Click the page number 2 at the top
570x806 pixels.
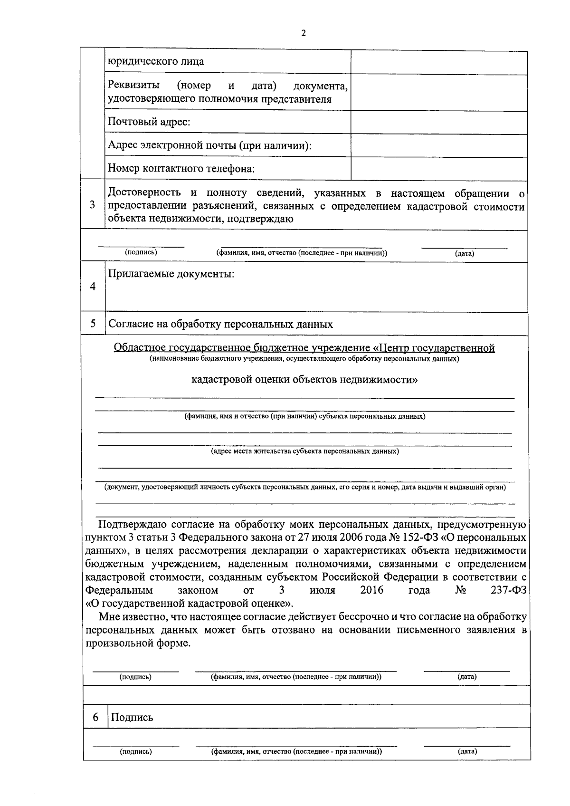tap(304, 33)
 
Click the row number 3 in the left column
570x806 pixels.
tap(93, 205)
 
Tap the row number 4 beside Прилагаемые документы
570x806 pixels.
tap(93, 287)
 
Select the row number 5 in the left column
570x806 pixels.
tap(93, 324)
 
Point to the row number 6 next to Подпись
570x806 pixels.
tap(95, 717)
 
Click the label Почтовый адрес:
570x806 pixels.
tap(149, 122)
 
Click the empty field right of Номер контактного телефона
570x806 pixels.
tap(438, 169)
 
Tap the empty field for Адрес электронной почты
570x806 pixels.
tap(438, 145)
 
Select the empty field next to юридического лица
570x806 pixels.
tap(438, 63)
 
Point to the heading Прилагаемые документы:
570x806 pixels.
tap(171, 274)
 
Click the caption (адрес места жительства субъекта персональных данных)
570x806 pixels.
tap(304, 451)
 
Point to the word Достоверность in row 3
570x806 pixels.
tap(144, 192)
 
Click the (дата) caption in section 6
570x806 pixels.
tap(467, 751)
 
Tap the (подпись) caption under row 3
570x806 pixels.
tap(141, 252)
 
